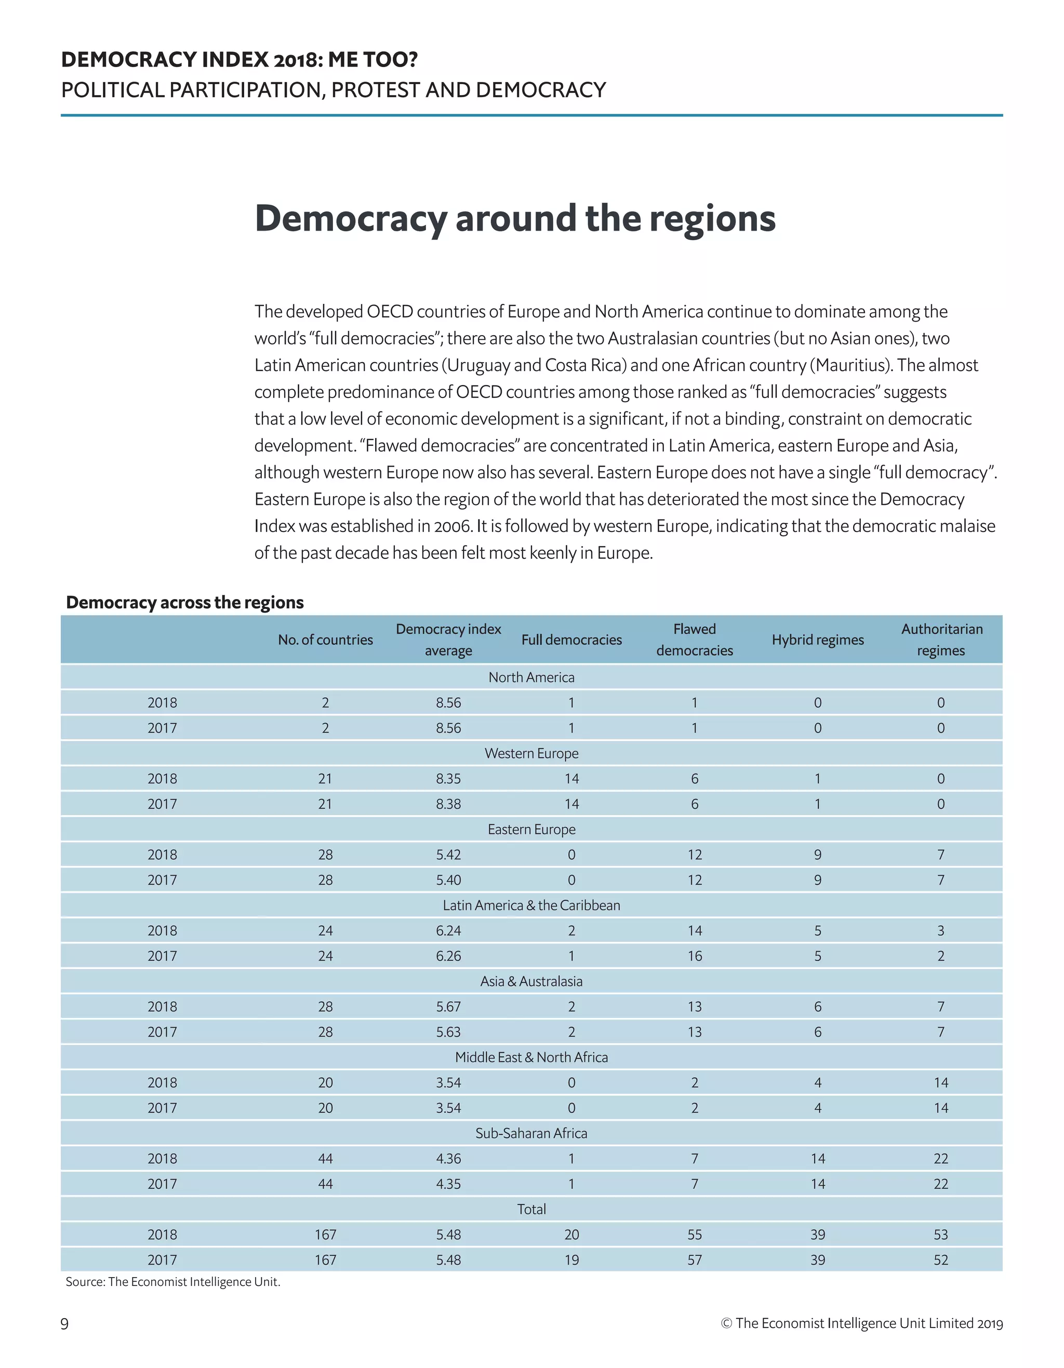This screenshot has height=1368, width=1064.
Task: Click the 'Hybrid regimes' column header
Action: tap(817, 640)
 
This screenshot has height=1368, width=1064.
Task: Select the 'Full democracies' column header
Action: tap(571, 640)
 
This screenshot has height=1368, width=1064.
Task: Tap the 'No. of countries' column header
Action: tap(325, 640)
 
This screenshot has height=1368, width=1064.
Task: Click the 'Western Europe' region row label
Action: tap(531, 753)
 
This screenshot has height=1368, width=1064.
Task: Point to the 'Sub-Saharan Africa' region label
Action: tap(531, 1133)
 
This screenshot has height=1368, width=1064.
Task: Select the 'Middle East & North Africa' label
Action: tap(531, 1057)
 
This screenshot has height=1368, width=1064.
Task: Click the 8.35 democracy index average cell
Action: tap(448, 779)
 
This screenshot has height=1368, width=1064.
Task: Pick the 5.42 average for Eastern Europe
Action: tap(448, 854)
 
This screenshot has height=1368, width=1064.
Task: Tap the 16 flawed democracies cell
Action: tap(695, 956)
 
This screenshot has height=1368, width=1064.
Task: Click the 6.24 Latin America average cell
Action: tap(448, 930)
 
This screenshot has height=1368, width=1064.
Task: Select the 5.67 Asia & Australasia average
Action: tap(448, 1006)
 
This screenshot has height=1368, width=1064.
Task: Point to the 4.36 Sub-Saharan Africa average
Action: tap(448, 1158)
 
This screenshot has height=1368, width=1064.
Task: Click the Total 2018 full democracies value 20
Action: tap(571, 1234)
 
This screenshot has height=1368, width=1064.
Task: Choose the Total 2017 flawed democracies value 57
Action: tap(695, 1259)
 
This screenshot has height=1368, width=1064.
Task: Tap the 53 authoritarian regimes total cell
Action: tap(941, 1234)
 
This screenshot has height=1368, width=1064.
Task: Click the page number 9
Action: tap(64, 1323)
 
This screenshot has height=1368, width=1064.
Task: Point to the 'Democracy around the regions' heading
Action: tap(515, 218)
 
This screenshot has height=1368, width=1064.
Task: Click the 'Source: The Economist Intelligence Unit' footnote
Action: tap(173, 1282)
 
